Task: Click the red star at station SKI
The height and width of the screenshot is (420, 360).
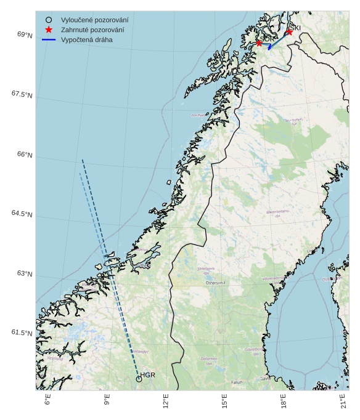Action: [289, 32]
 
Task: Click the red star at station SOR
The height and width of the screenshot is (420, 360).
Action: [260, 42]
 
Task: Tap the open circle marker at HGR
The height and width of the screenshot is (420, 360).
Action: [139, 379]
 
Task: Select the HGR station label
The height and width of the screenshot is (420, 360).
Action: [148, 375]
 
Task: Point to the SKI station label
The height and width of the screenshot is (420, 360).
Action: [295, 28]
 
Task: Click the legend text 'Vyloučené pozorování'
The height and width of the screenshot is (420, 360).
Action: [94, 20]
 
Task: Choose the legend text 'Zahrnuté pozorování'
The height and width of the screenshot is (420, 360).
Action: [92, 30]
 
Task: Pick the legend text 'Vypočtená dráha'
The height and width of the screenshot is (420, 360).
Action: [86, 39]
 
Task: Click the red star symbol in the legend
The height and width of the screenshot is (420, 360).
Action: [49, 30]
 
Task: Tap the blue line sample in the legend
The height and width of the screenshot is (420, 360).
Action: [49, 39]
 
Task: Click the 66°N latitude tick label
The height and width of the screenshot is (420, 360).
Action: [22, 155]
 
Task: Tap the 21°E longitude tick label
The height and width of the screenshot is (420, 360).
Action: [343, 402]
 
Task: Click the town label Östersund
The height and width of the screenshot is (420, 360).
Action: [216, 283]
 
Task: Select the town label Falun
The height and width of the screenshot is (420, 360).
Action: [237, 382]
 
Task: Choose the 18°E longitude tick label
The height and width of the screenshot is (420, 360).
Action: [284, 402]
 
